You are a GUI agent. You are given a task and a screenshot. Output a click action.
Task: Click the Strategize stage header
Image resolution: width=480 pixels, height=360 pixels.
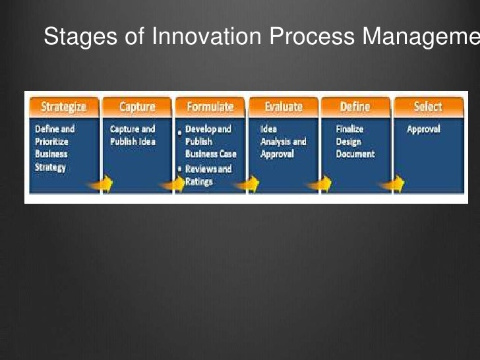(64, 107)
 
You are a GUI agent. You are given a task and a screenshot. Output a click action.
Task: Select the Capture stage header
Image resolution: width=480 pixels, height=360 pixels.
(137, 107)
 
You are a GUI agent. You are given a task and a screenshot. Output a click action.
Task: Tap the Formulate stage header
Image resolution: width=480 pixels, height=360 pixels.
(210, 107)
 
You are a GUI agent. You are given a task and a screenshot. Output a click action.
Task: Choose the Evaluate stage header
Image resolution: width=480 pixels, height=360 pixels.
(283, 107)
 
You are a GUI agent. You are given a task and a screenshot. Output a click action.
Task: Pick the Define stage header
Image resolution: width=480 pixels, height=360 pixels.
(355, 107)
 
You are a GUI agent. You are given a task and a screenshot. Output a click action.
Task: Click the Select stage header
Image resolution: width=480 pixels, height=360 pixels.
(427, 107)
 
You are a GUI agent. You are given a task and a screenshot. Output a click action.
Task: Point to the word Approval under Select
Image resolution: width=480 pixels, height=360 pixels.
(423, 129)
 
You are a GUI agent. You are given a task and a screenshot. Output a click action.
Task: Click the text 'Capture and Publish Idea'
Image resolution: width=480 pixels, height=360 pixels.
(133, 135)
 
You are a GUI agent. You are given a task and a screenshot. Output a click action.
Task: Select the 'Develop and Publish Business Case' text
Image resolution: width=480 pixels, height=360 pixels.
(210, 141)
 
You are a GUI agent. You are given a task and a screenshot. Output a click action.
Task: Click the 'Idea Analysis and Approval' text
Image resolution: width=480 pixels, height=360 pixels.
(283, 141)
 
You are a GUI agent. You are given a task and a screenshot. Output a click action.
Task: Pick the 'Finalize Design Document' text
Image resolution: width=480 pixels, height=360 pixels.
(355, 141)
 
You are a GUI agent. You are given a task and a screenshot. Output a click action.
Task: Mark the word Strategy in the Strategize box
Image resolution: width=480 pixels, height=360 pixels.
(51, 167)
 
